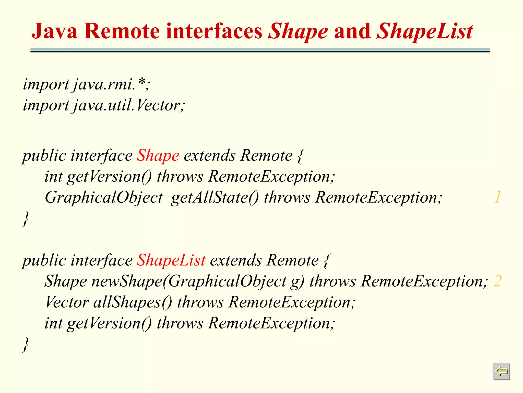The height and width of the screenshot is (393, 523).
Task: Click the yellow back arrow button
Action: [x=501, y=371]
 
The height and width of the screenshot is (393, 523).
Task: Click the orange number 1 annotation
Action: [x=498, y=197]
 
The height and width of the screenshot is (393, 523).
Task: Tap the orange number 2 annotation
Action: [x=498, y=281]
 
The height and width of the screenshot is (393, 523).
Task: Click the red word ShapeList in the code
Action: [x=171, y=260]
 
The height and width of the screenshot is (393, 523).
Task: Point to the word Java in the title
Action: [x=54, y=31]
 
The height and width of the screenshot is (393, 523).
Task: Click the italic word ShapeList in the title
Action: [x=425, y=31]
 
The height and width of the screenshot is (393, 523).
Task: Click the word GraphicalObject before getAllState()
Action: [x=104, y=197]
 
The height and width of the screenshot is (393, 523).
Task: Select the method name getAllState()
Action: [x=215, y=197]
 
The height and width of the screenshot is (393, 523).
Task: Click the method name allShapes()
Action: [x=133, y=302]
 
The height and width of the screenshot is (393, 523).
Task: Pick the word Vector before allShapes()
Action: [x=67, y=302]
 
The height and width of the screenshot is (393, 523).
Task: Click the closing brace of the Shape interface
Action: [x=25, y=219]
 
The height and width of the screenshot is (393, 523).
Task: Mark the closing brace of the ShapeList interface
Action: [x=25, y=345]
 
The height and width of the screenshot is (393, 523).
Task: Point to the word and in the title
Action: [x=352, y=31]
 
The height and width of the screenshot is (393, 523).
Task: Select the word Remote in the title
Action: [x=122, y=31]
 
